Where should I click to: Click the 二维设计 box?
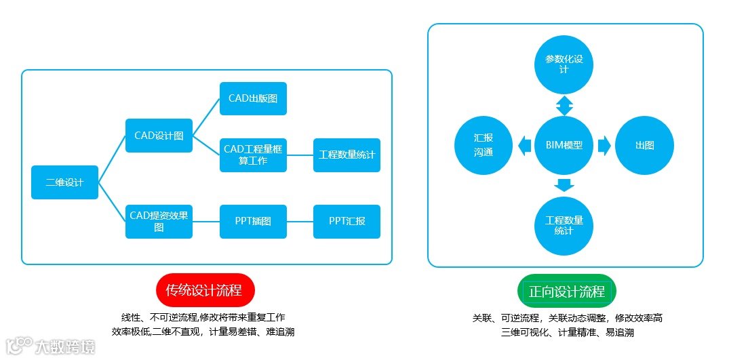[64, 182]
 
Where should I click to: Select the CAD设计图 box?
[159, 136]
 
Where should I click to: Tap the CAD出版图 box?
[253, 99]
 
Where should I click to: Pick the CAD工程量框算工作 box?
[253, 155]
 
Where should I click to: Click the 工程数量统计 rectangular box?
[347, 155]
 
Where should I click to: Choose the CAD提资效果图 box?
[159, 222]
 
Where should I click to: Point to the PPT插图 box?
[253, 222]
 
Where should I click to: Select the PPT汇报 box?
[347, 222]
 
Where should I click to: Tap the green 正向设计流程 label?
[566, 292]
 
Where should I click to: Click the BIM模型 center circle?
[564, 145]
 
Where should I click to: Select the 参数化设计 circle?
[564, 64]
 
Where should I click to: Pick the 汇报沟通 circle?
[484, 145]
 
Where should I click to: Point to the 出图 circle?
[644, 145]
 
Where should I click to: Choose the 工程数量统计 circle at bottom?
[564, 225]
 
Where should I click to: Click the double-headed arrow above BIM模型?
[564, 105]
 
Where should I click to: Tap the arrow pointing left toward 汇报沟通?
[524, 145]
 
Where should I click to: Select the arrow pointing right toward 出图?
[604, 145]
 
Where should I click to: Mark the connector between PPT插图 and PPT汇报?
[300, 222]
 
